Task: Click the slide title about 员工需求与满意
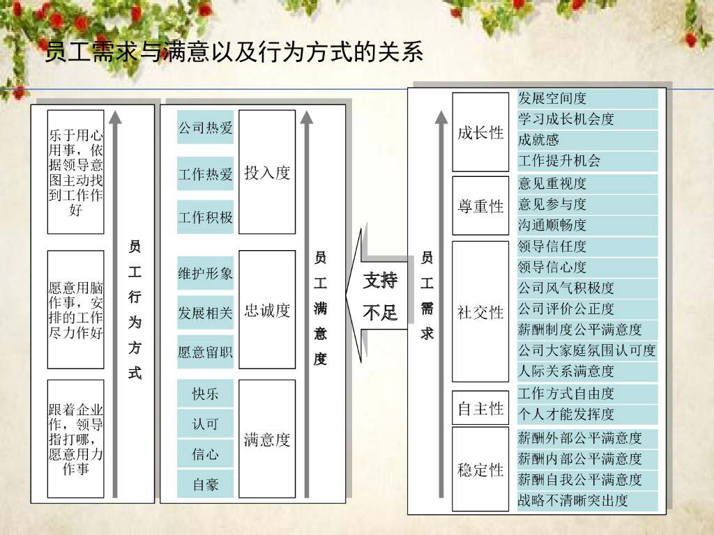pos(234,52)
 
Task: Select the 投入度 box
pos(267,172)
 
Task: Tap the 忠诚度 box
pos(267,310)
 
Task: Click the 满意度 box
pos(267,439)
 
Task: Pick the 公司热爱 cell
pos(205,127)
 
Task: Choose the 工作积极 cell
pos(205,217)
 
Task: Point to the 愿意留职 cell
pos(205,352)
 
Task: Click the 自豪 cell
pos(205,484)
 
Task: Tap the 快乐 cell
pos(205,394)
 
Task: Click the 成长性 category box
pos(480,132)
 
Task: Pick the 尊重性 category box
pos(480,206)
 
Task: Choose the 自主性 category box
pos(480,409)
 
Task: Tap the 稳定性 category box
pos(480,470)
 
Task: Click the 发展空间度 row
pos(587,98)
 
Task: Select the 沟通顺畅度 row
pos(587,225)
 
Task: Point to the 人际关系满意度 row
pos(587,371)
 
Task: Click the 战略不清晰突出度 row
pos(587,500)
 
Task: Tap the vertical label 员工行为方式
pos(135,309)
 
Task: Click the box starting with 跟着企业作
pos(75,439)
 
